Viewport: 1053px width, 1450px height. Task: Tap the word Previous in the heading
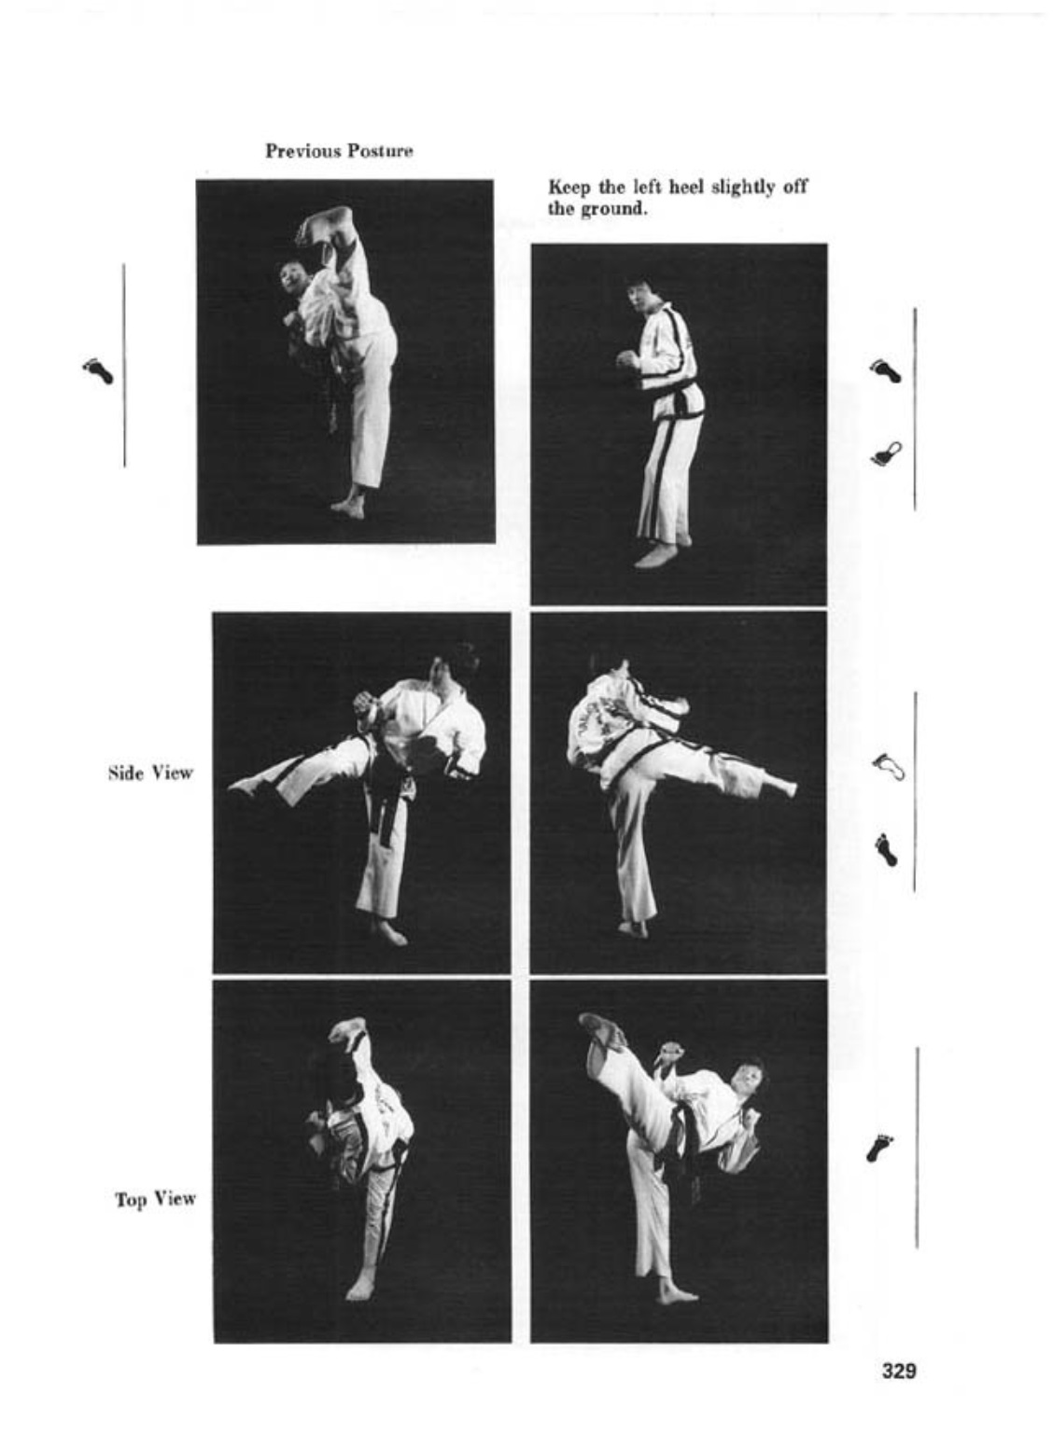tap(302, 151)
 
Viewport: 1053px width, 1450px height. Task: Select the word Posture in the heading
tap(380, 151)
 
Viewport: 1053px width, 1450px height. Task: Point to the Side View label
tap(150, 773)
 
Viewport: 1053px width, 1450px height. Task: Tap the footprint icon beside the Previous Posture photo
tap(98, 371)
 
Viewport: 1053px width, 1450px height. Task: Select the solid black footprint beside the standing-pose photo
tap(885, 370)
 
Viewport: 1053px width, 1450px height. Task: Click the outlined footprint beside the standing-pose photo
tap(886, 452)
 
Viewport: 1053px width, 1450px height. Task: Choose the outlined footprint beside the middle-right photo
tap(888, 766)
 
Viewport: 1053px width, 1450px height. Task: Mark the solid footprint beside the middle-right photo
tap(886, 850)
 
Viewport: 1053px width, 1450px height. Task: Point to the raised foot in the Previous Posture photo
tap(325, 225)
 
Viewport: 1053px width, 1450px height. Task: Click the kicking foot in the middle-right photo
tap(781, 786)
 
